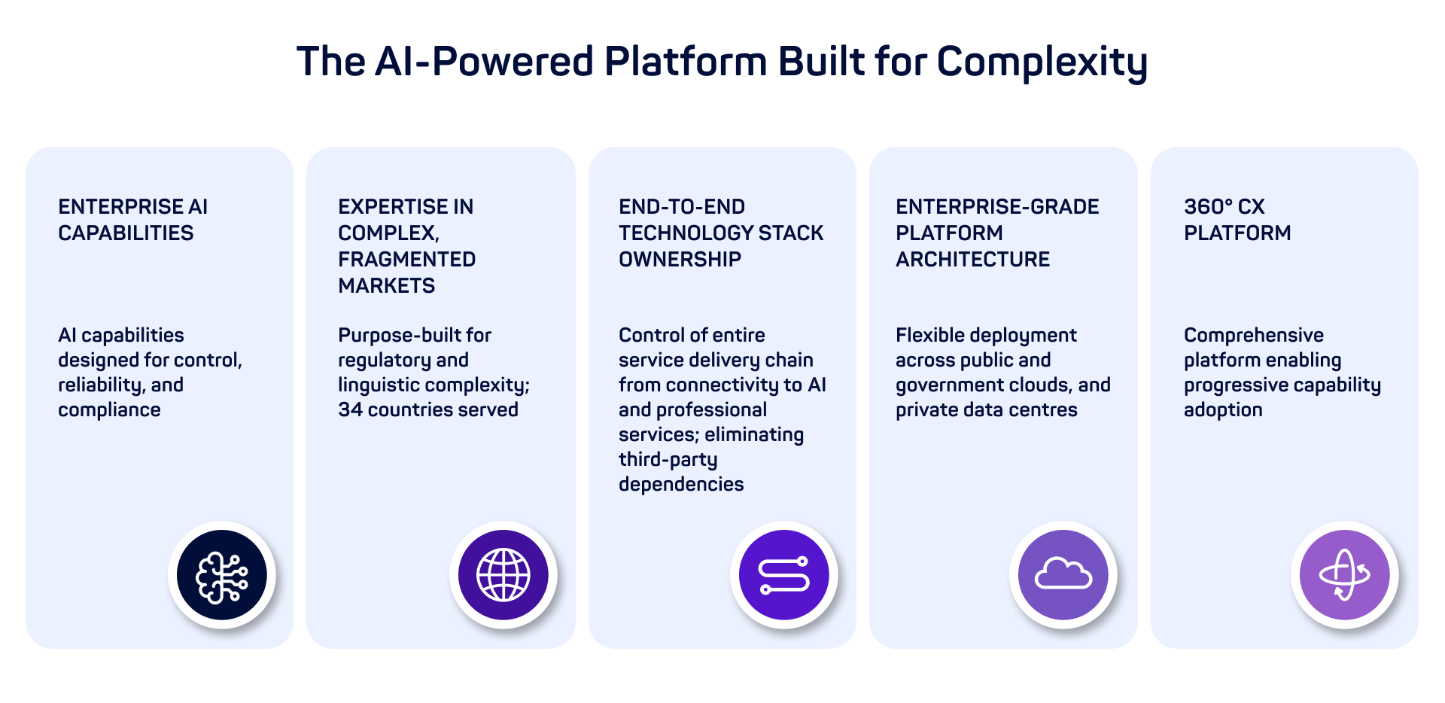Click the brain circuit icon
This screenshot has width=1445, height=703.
(x=222, y=576)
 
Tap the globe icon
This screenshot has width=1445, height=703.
(x=503, y=576)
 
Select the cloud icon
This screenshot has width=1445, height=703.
(x=1063, y=576)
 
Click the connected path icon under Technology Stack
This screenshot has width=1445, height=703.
(x=784, y=576)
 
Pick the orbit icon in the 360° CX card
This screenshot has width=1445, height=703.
(x=1345, y=576)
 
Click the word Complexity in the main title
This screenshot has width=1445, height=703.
(x=1042, y=62)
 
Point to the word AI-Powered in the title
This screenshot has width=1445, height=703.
(x=484, y=62)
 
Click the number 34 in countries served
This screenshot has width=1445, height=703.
(x=350, y=410)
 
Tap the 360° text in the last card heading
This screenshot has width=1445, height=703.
(x=1208, y=207)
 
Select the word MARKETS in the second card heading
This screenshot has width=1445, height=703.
(x=387, y=286)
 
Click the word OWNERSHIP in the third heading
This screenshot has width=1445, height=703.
(x=680, y=260)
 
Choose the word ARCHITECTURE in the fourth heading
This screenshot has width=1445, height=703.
(x=972, y=260)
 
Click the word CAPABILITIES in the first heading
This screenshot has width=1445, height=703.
(x=126, y=233)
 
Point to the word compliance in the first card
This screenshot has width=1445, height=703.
(x=109, y=410)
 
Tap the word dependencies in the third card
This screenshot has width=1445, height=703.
(x=681, y=485)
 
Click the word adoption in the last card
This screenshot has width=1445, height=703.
(x=1223, y=410)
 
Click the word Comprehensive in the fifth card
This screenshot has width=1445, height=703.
(x=1253, y=336)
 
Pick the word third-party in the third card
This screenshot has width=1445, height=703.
(x=668, y=460)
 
